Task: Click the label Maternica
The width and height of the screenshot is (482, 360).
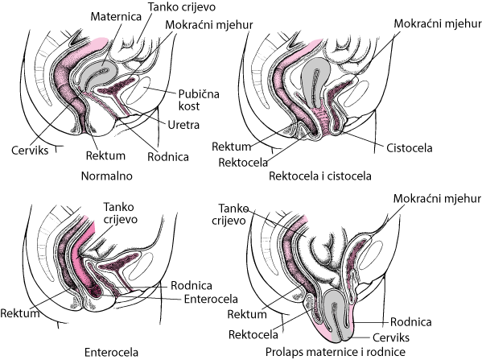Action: click(x=116, y=17)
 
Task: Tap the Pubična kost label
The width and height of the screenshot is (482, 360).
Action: click(x=199, y=100)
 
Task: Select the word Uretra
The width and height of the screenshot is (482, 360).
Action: click(x=183, y=125)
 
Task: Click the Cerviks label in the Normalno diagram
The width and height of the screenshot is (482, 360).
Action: click(x=30, y=151)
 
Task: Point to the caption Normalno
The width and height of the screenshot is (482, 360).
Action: click(x=107, y=176)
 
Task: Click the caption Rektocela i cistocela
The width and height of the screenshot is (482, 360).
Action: click(x=320, y=176)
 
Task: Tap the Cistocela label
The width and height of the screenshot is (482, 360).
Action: click(x=409, y=148)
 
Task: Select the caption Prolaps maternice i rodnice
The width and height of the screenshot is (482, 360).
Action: click(x=336, y=352)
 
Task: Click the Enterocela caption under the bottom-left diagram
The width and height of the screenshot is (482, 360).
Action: click(x=111, y=352)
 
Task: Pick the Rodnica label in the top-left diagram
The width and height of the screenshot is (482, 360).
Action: click(x=168, y=157)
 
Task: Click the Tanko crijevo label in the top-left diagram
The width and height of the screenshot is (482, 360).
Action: click(x=182, y=6)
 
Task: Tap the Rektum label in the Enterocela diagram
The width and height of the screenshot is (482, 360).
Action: click(x=20, y=313)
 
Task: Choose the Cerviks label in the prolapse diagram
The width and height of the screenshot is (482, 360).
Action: click(x=391, y=337)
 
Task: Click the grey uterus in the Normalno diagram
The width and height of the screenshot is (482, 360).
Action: click(x=97, y=74)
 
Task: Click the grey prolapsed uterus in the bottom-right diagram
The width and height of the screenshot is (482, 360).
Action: click(x=337, y=316)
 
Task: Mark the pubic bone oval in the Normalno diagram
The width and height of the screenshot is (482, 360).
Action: click(x=138, y=91)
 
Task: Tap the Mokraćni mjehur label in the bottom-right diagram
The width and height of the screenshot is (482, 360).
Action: click(x=437, y=199)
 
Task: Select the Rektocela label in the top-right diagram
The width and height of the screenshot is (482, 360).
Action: click(x=243, y=162)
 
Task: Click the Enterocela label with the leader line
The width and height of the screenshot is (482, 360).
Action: click(x=211, y=299)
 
